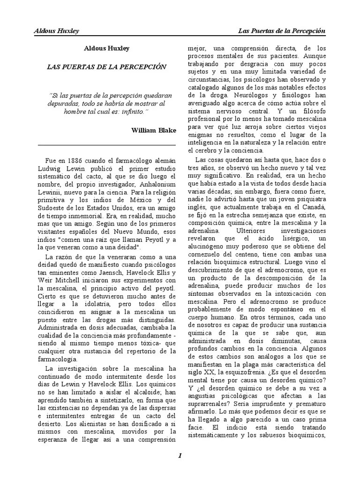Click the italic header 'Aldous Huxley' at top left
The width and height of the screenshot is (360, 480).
pyautogui.click(x=56, y=31)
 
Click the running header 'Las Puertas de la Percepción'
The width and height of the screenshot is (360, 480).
pyautogui.click(x=282, y=31)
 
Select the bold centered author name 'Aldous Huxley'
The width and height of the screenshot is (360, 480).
pyautogui.click(x=106, y=48)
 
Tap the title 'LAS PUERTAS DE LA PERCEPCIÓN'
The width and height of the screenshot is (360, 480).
pyautogui.click(x=106, y=67)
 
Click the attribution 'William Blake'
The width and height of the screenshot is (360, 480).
pyautogui.click(x=154, y=131)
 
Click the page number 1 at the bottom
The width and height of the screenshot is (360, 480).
pyautogui.click(x=180, y=456)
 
